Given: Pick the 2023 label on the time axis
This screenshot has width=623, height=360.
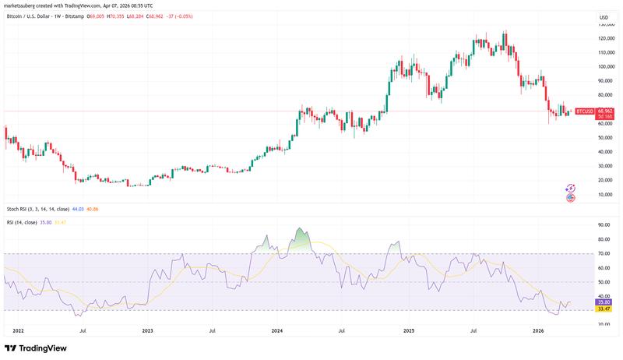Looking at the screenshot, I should [x=147, y=330].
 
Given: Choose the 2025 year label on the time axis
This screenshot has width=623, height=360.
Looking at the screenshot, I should [x=407, y=330].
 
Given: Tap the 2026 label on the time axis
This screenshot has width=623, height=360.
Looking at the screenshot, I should [x=537, y=330].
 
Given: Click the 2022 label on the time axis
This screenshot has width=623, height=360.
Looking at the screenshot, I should [x=17, y=330].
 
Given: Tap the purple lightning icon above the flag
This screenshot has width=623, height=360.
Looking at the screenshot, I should [x=570, y=188].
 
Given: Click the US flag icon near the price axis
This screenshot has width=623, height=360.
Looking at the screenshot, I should [x=570, y=198].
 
